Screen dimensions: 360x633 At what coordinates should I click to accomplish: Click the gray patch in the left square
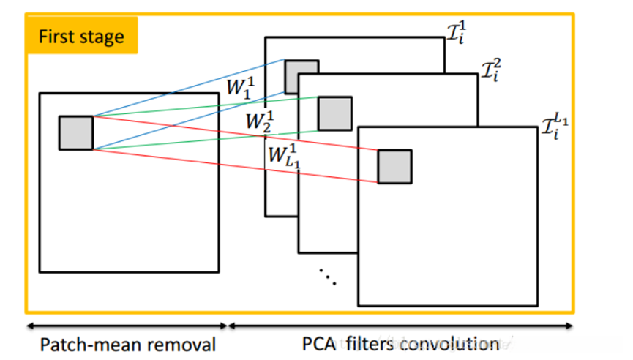click(x=76, y=132)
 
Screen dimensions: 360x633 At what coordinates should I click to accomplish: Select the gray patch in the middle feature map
click(x=334, y=113)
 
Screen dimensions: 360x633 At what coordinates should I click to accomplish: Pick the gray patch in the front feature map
click(x=394, y=166)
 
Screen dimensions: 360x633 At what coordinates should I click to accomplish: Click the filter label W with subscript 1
click(x=240, y=87)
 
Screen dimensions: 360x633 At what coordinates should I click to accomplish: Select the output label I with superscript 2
click(x=492, y=71)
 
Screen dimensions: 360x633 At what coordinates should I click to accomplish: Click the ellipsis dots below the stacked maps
click(x=327, y=277)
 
